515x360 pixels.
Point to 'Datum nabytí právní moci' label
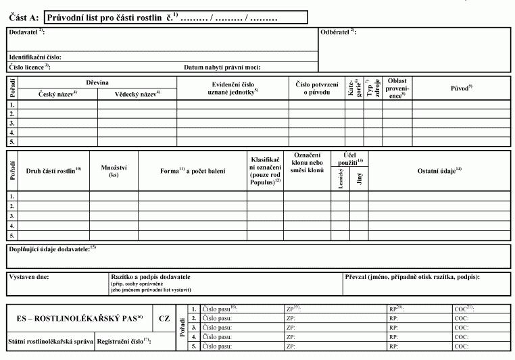click(x=222, y=68)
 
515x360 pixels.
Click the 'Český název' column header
click(x=57, y=94)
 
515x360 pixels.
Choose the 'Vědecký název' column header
click(x=137, y=94)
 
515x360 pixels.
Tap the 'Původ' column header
click(x=461, y=88)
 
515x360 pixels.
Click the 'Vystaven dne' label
click(x=29, y=277)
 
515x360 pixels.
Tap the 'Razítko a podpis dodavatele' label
click(x=150, y=277)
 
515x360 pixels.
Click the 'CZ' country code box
click(x=164, y=317)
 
